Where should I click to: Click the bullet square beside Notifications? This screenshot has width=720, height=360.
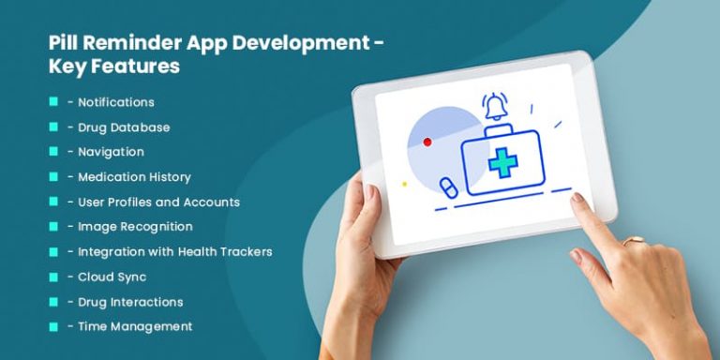53,101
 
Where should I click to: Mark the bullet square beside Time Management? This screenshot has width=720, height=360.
53,326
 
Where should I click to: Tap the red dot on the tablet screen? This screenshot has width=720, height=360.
427,142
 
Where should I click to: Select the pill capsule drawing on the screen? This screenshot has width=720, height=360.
447,186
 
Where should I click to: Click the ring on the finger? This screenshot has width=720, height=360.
636,241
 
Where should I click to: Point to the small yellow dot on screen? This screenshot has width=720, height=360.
404,184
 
